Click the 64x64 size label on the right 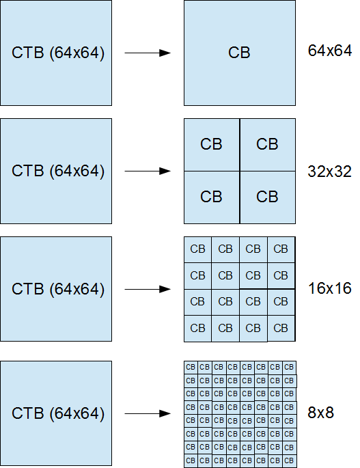click(329, 51)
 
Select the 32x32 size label click(329, 171)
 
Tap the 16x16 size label click(329, 289)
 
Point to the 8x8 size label click(320, 413)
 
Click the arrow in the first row click(147, 53)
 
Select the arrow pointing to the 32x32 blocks click(147, 171)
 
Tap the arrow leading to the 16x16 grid click(147, 289)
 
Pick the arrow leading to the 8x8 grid click(147, 413)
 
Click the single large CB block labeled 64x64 click(240, 53)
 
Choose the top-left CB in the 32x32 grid click(212, 144)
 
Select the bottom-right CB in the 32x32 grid click(267, 197)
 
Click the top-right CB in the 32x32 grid click(267, 144)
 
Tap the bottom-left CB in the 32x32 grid click(212, 197)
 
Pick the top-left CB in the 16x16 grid click(198, 249)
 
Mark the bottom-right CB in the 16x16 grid click(281, 328)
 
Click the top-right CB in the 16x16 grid click(281, 249)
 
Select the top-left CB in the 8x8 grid click(191, 367)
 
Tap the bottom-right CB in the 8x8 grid click(289, 461)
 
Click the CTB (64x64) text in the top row click(58, 53)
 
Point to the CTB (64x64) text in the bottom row click(58, 413)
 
